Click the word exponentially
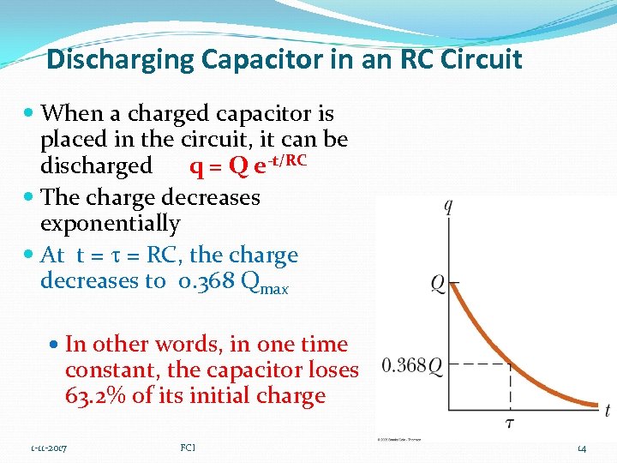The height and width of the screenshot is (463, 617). point(111,224)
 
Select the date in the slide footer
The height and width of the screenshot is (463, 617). point(49,448)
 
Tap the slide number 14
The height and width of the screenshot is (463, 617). point(582,448)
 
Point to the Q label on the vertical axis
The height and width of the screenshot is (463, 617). point(437,283)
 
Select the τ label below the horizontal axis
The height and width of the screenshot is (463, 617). point(511,422)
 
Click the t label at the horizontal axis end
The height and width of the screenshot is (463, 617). point(607,412)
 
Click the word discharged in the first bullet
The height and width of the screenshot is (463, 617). point(96,165)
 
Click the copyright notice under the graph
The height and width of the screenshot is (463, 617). point(398,439)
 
